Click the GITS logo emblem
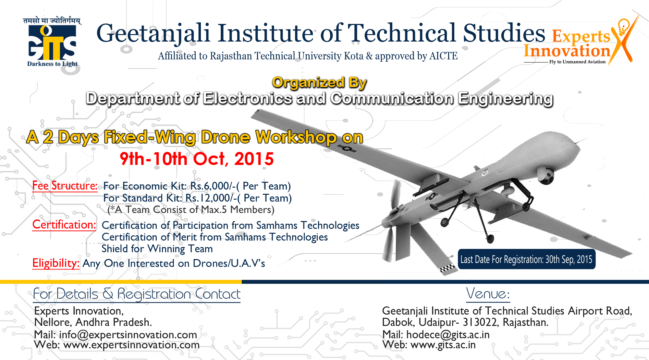(52, 42)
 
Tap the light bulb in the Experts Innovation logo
(623, 26)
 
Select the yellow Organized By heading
(319, 82)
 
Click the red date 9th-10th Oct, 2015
(197, 159)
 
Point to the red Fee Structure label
(65, 186)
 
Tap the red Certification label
(64, 225)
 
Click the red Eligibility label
(56, 263)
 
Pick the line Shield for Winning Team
(157, 249)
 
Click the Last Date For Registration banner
(526, 259)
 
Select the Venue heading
(488, 294)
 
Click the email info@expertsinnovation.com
(128, 334)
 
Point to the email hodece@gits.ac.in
(448, 334)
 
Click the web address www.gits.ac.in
(443, 344)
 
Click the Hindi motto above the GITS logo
(52, 21)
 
